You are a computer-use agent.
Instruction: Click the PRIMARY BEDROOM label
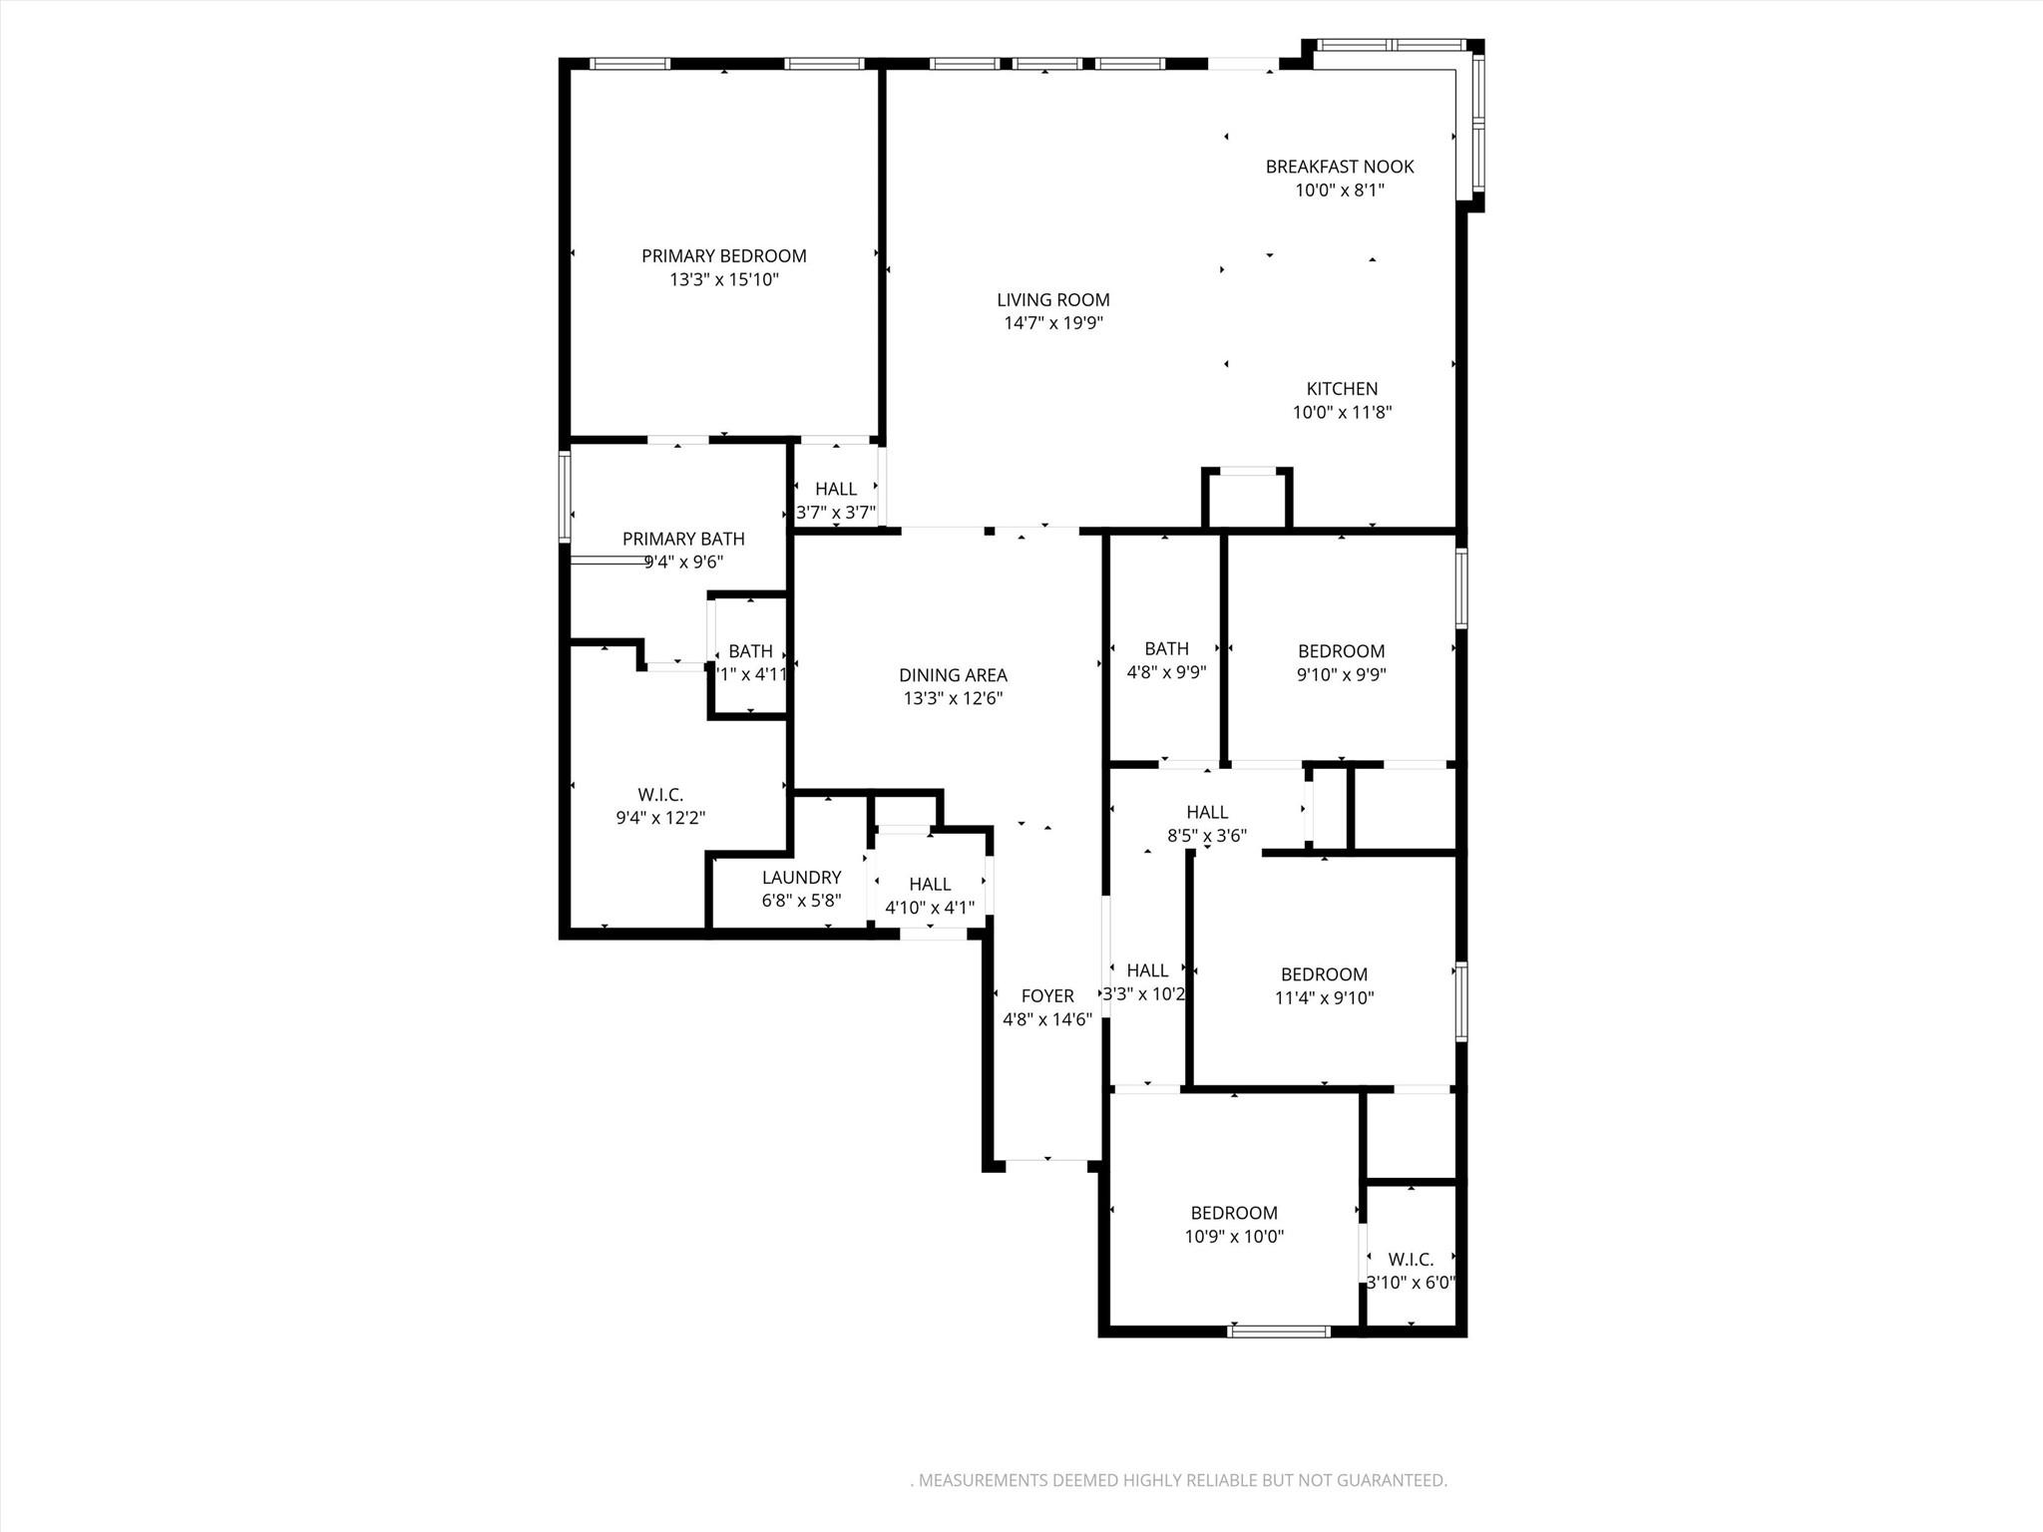(723, 256)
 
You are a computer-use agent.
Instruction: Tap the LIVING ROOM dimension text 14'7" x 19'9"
(1052, 323)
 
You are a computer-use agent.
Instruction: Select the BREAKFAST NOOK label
(1340, 167)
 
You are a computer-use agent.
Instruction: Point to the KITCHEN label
(1342, 389)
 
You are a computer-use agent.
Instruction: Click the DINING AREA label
(953, 675)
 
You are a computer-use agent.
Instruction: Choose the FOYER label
(1047, 995)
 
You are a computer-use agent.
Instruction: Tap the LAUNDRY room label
(801, 877)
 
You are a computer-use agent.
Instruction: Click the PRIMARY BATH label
(683, 539)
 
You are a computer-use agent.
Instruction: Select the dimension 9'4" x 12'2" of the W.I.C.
(660, 818)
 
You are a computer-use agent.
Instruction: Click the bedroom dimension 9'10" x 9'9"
(1341, 674)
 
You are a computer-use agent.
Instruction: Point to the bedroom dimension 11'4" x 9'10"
(1324, 997)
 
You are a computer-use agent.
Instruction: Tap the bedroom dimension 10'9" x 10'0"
(1234, 1237)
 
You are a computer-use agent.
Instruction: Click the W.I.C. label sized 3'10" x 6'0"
(1411, 1260)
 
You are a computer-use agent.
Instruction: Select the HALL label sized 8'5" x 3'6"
(1207, 812)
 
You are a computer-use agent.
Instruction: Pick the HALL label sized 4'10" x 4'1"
(930, 884)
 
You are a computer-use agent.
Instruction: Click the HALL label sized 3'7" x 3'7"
(835, 489)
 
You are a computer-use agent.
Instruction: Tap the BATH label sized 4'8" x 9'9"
(1166, 648)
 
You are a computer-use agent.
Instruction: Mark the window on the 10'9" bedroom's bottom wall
(1279, 1331)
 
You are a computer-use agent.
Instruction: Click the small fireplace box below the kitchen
(1247, 499)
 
